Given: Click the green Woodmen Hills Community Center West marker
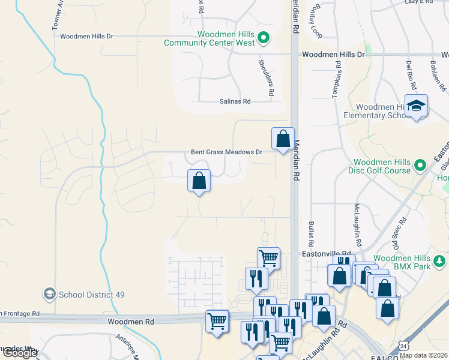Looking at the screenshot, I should tap(263, 40).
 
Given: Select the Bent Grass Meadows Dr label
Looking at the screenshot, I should tap(226, 152).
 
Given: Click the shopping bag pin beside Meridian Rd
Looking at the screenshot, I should tap(283, 139).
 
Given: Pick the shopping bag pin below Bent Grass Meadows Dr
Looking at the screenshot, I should tap(199, 180).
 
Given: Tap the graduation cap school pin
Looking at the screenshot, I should tap(415, 106).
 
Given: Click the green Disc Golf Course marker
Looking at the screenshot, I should tap(421, 164).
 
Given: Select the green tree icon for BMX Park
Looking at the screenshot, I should tap(440, 261).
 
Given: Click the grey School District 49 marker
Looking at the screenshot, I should tap(49, 294).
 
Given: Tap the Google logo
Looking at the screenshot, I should tap(19, 353).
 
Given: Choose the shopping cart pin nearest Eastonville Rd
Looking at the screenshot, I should tap(268, 259).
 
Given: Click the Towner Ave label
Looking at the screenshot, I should tap(58, 15).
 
